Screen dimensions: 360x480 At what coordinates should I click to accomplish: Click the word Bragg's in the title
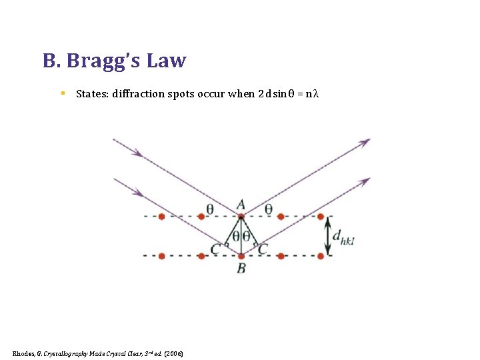point(105,61)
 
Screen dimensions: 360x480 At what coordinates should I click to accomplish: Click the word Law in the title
point(167,61)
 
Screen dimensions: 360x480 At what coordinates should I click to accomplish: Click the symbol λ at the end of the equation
point(317,93)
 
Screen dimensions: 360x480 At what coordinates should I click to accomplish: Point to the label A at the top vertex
point(241,205)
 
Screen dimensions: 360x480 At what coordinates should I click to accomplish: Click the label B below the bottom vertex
point(241,268)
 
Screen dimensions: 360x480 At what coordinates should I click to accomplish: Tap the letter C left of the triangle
point(215,249)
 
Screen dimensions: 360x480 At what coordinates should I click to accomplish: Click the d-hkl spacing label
point(343,236)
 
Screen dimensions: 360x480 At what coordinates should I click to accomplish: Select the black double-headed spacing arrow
point(327,237)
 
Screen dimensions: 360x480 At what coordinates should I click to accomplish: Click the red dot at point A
point(241,216)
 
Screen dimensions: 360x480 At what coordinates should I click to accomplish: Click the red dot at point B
point(241,255)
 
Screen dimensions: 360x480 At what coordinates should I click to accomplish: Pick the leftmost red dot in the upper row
point(162,216)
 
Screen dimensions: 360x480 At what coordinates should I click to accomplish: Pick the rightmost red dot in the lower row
point(321,255)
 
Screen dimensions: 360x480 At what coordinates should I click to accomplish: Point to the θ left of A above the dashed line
point(210,209)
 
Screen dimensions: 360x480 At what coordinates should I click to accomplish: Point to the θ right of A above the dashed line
point(268,209)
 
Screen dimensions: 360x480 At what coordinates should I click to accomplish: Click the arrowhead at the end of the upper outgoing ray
point(365,142)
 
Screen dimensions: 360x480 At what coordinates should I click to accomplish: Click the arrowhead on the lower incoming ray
point(139,193)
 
